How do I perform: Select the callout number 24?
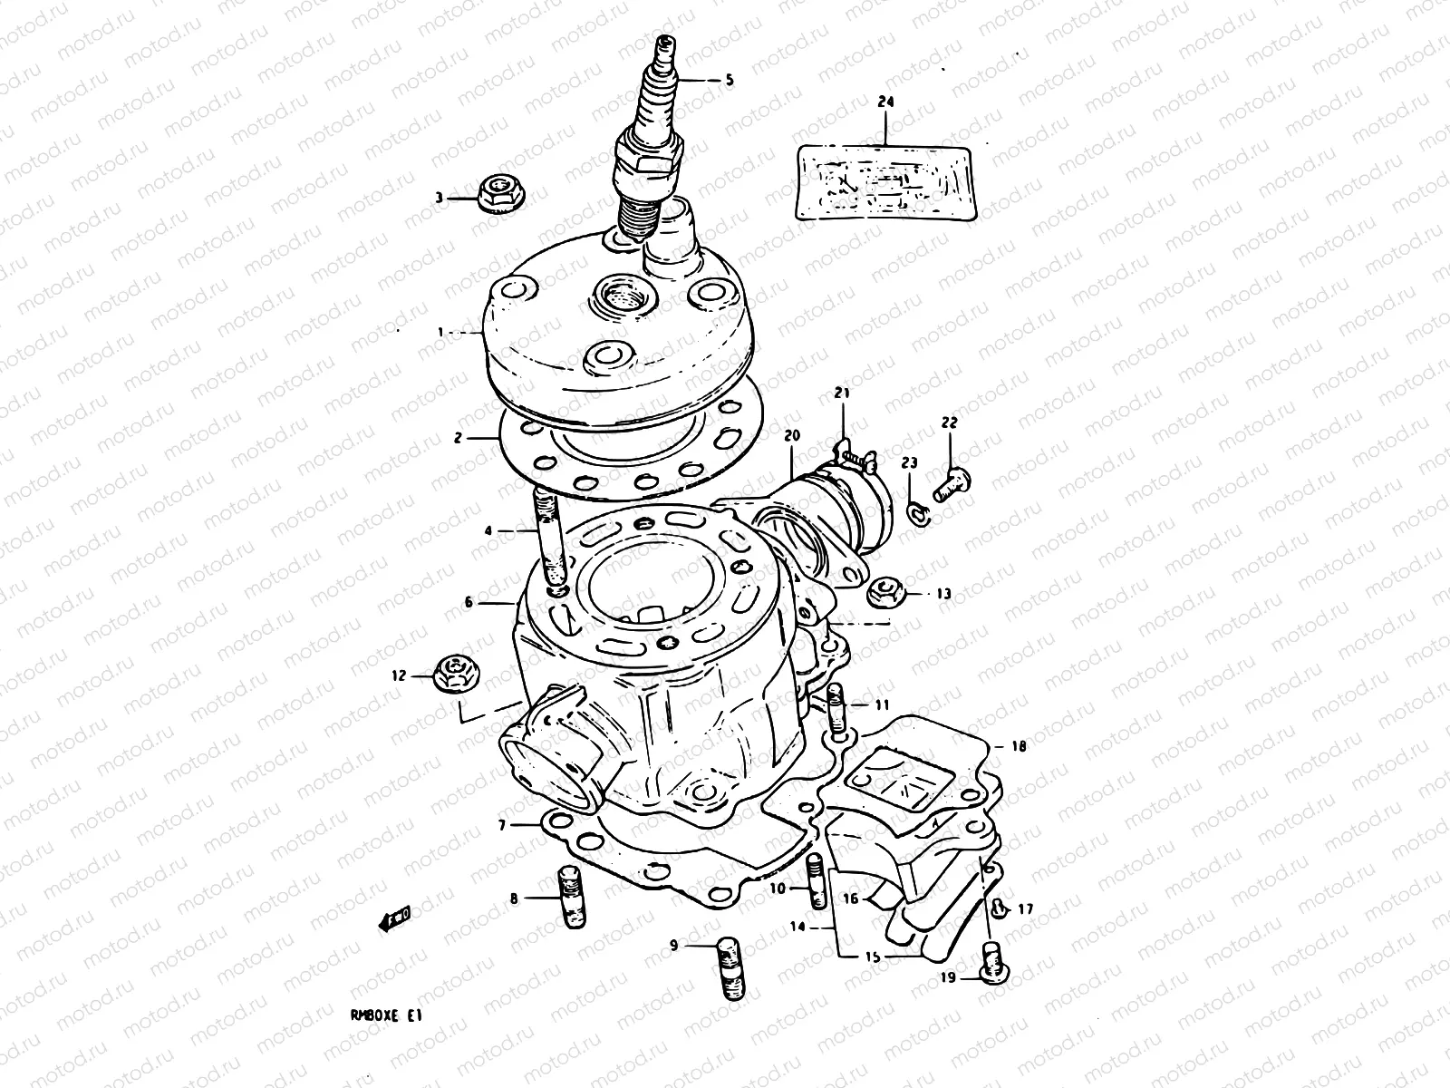pos(884,103)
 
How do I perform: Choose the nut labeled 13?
pos(883,594)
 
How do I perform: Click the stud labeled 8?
pos(573,898)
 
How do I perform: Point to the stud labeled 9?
pos(731,968)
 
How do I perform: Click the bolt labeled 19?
pos(993,962)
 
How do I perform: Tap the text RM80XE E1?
pos(386,1017)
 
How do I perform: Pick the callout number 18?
pos(1019,747)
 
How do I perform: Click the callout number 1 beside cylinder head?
pos(441,333)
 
